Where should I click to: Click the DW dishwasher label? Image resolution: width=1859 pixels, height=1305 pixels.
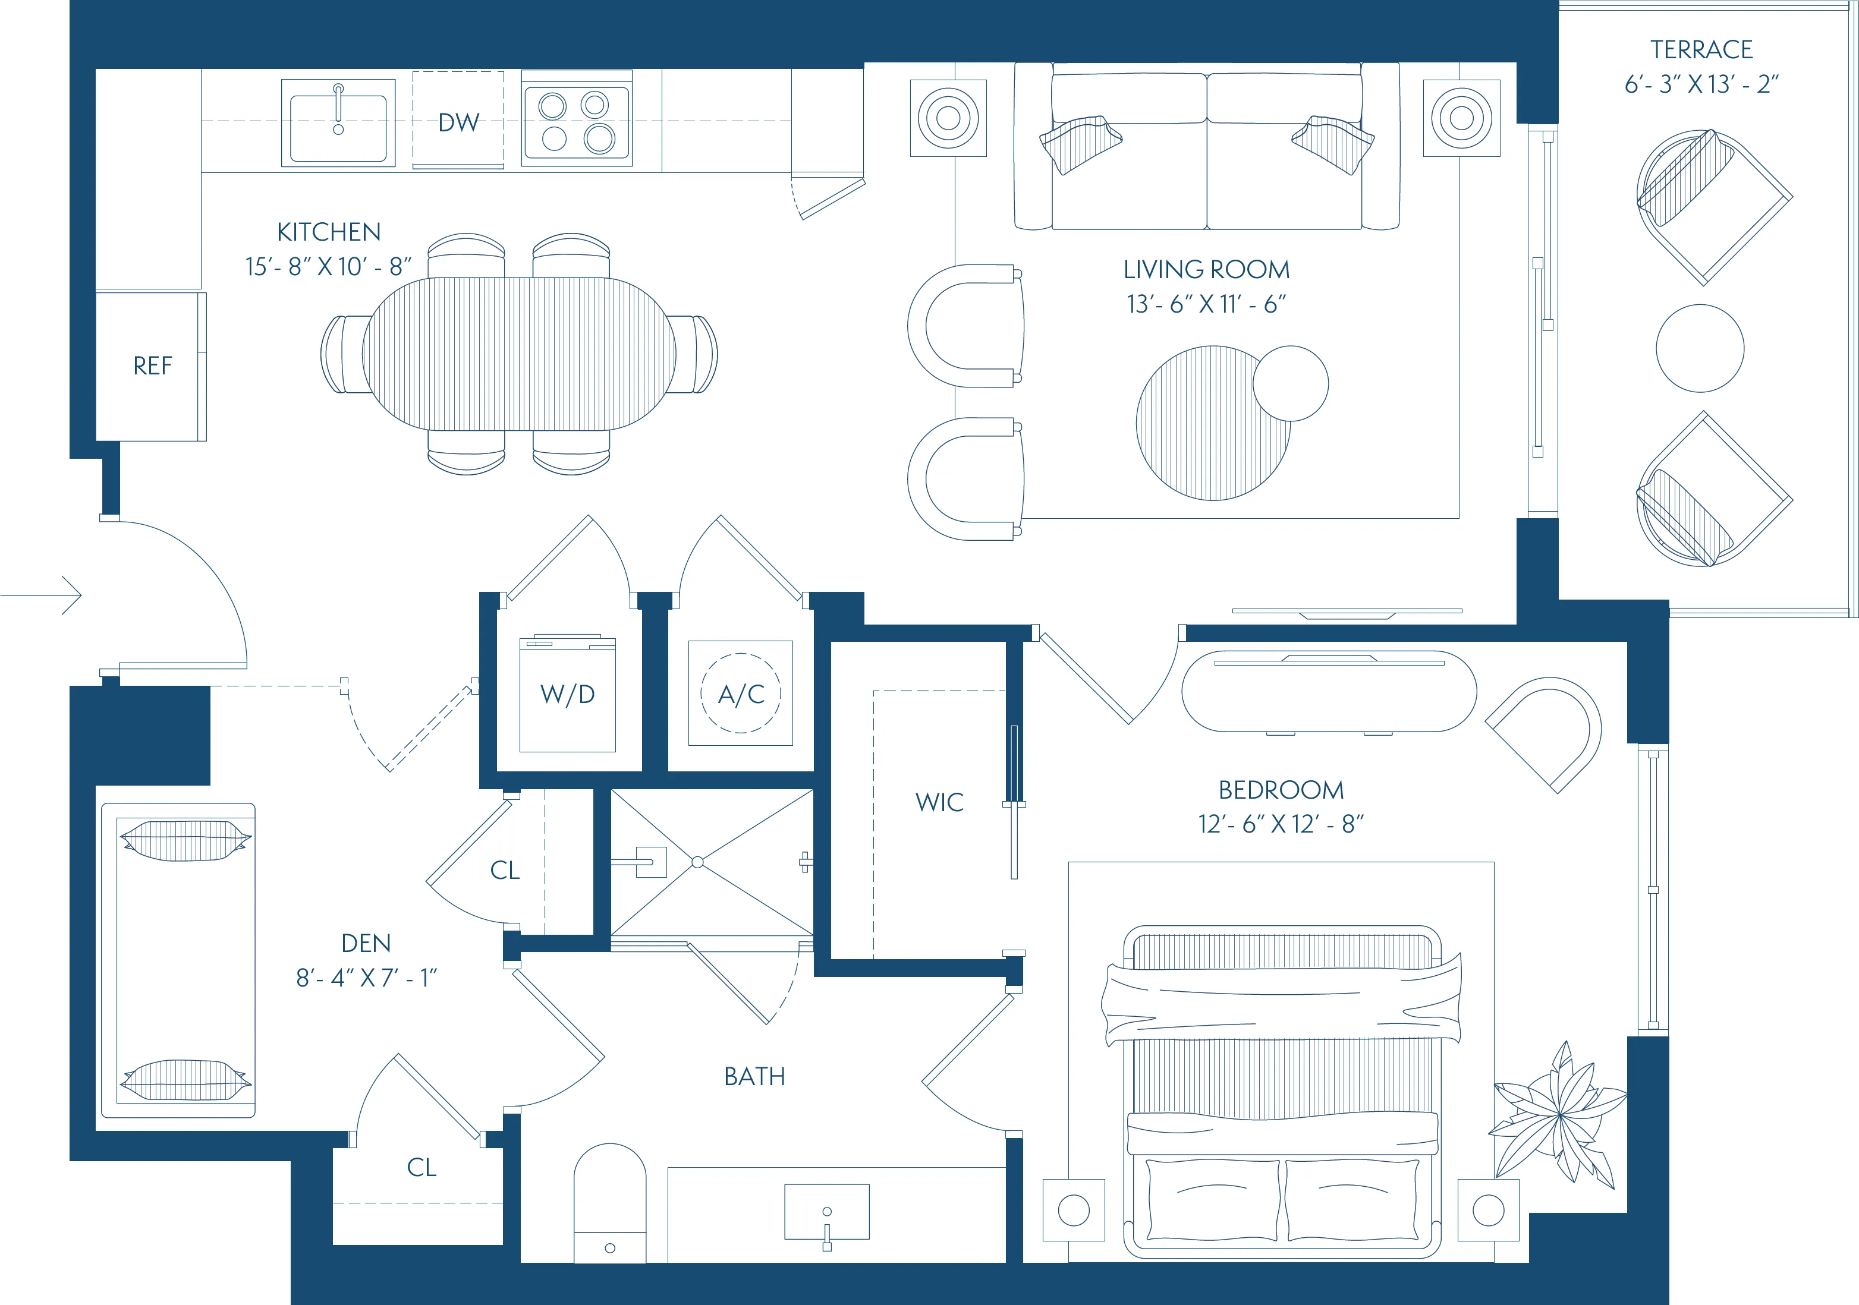coord(458,122)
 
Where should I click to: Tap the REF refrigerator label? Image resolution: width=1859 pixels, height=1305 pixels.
coord(152,366)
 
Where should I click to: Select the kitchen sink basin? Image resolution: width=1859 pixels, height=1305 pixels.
coord(338,127)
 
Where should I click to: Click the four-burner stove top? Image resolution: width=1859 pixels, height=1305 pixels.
coord(577,121)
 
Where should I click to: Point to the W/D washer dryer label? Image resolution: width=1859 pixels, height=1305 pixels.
coord(568,695)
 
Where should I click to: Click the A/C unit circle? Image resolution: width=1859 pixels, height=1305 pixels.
coord(741,694)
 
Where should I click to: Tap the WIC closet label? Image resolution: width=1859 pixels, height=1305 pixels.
coord(939,802)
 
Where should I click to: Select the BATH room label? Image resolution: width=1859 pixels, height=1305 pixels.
coord(754,1077)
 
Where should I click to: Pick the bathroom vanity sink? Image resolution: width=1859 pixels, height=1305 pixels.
coord(827,1212)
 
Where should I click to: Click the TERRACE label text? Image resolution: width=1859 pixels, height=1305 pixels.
coord(1701,49)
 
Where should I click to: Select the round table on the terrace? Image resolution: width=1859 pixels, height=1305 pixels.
coord(1700,349)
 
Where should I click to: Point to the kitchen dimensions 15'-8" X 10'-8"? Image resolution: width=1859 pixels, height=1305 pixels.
coord(328,266)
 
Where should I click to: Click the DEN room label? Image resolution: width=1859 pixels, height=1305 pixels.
coord(366,943)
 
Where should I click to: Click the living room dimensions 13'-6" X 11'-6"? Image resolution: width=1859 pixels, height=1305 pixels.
coord(1206,304)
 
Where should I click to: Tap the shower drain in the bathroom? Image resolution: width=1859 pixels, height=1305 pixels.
coord(697,862)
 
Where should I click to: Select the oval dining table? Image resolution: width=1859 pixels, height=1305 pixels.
coord(519,354)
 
